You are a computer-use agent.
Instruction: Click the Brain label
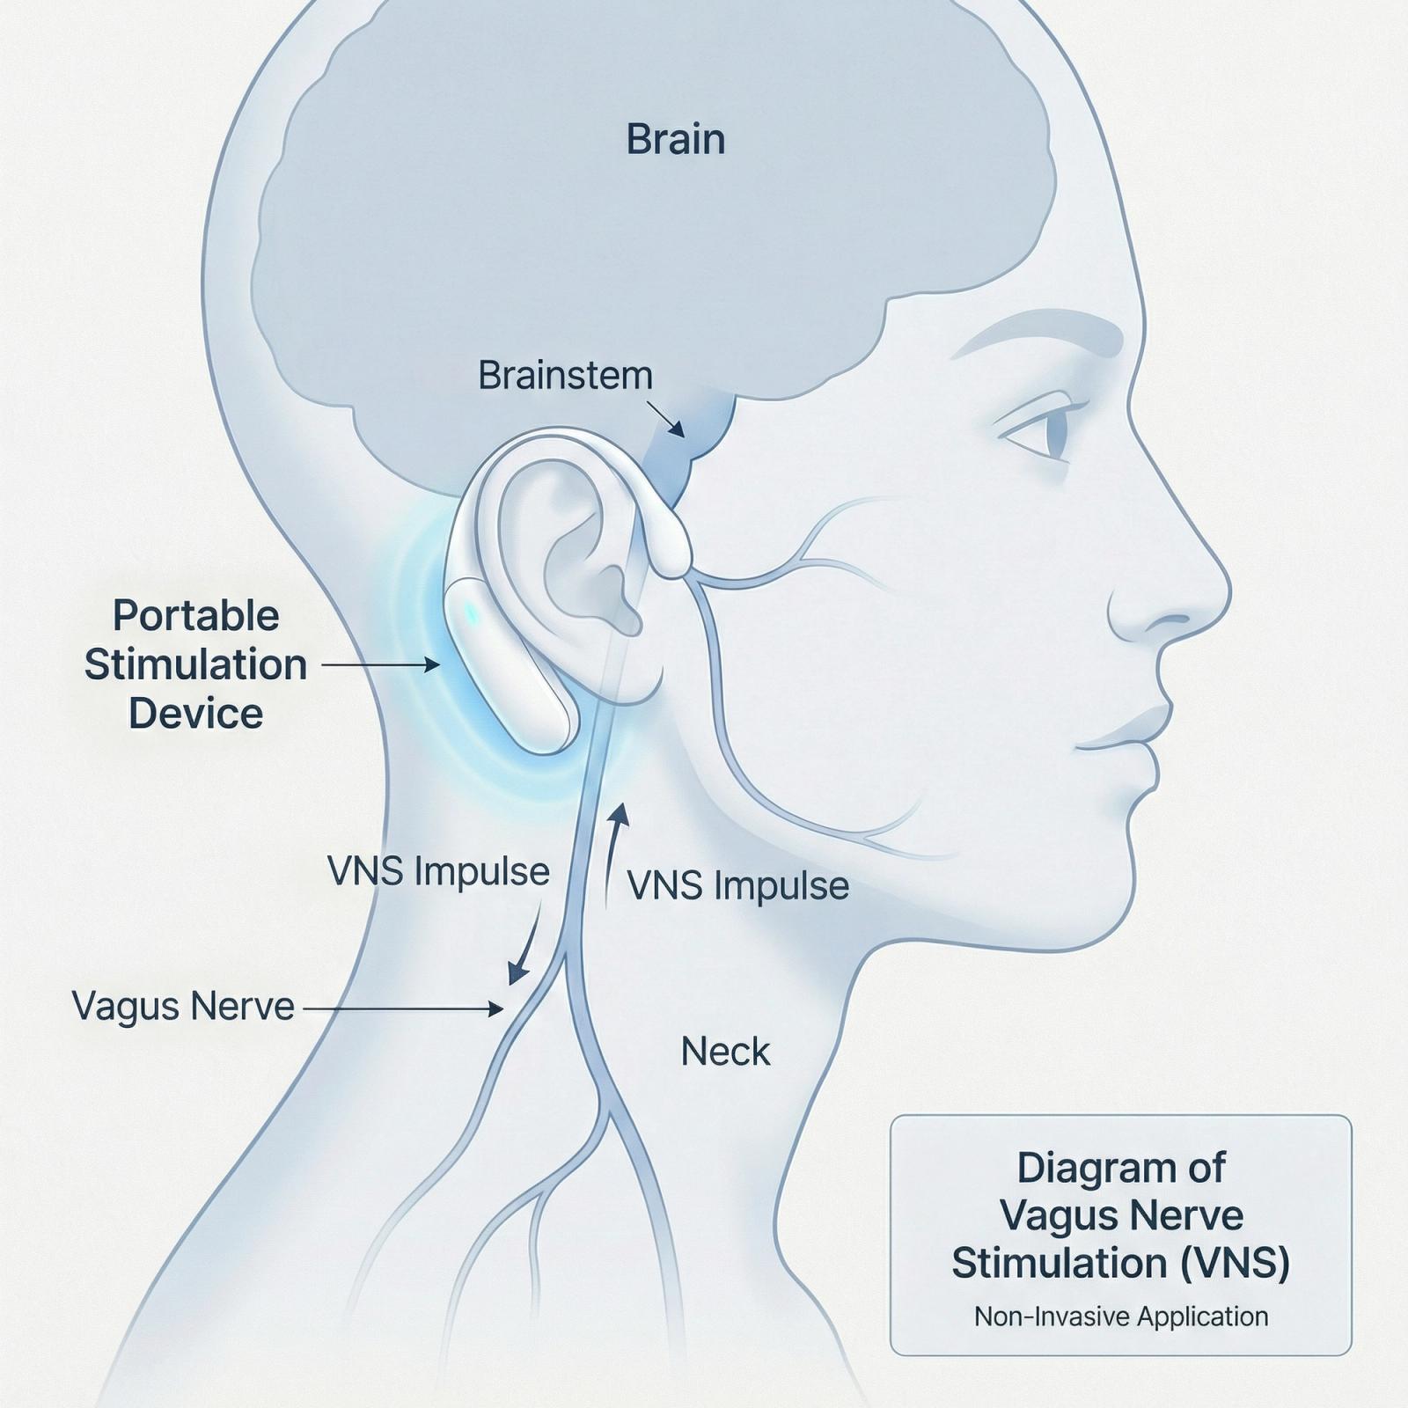pos(675,140)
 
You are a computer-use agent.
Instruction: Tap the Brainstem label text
pos(565,376)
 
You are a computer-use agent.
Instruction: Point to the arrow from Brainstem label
pos(666,420)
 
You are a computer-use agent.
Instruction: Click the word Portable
pos(195,616)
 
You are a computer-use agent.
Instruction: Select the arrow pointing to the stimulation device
pos(380,665)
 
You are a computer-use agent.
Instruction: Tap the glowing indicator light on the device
pos(471,613)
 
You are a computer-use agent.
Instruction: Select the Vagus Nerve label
pos(183,1006)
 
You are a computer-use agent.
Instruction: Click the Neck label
pos(725,1052)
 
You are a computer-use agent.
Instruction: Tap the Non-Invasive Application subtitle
pos(1120,1316)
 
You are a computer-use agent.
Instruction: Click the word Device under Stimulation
pos(195,713)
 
